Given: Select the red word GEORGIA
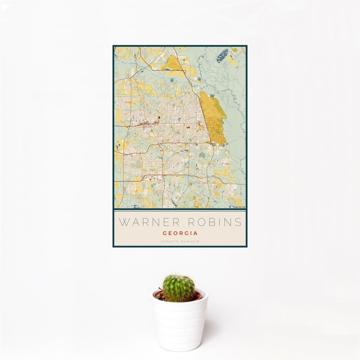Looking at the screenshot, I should coord(180,233).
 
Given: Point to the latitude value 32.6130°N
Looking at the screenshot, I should coord(170,242).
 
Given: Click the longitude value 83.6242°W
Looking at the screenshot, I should coord(190,242).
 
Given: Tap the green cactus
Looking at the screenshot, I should coord(178,288).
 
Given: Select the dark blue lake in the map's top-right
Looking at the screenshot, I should coord(222,56).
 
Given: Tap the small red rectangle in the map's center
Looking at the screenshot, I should coord(187,127).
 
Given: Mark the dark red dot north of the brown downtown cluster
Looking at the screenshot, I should coord(159,117).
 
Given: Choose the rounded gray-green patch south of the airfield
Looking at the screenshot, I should coord(202,154).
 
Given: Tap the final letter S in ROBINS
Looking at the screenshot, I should coord(239,222).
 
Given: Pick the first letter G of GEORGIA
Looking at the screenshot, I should coord(165,233).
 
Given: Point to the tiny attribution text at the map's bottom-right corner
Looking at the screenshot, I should coord(240,207).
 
